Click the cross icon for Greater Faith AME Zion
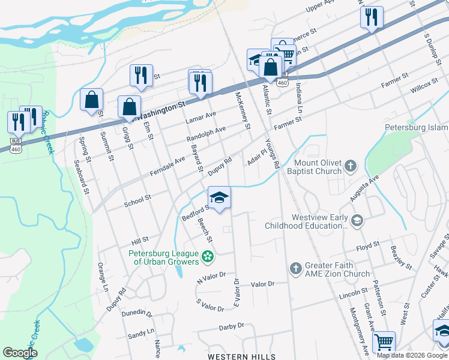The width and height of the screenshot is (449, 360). (295, 269)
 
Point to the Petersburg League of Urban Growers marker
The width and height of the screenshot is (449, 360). (208, 257)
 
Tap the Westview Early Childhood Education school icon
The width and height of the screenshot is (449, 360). (358, 221)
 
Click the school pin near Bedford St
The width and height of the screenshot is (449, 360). (219, 197)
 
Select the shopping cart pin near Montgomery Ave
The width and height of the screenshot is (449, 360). (384, 343)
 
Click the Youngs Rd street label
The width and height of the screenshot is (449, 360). (275, 152)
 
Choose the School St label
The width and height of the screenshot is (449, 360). (137, 201)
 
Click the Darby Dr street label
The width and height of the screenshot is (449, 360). (232, 326)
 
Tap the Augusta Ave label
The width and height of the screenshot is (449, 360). (366, 188)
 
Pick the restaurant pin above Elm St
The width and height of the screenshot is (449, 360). (141, 75)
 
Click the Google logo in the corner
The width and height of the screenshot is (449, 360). (20, 352)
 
